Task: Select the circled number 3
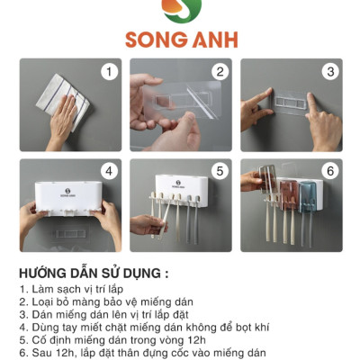330,72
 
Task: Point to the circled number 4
110,171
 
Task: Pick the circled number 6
330,171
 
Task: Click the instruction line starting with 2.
109,303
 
